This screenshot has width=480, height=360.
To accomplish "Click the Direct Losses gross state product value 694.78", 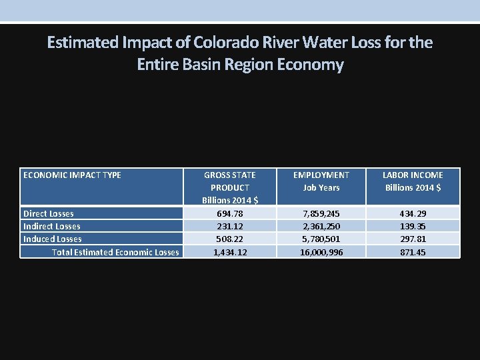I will [229, 213].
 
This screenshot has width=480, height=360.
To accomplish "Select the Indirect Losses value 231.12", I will [229, 226].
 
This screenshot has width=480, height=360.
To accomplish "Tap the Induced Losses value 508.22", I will [229, 239].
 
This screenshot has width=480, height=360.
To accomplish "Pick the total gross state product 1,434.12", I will [229, 252].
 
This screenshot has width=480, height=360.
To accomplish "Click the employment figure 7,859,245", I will [321, 213].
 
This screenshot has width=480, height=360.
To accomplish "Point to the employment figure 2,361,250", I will [321, 226].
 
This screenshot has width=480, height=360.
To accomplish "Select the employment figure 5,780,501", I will [321, 239].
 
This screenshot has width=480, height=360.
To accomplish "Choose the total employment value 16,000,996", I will [321, 252].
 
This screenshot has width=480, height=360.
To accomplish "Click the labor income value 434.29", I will [413, 213].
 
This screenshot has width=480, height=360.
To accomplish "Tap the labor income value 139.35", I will [413, 226].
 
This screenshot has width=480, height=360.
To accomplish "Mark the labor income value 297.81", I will [413, 239].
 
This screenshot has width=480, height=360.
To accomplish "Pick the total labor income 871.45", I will [413, 252].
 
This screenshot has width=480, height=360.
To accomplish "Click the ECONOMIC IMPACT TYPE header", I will [72, 175].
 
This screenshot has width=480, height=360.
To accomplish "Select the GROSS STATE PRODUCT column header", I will [229, 187].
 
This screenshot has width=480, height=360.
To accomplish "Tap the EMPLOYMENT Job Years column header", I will [321, 181].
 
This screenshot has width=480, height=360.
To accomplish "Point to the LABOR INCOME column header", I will [413, 181].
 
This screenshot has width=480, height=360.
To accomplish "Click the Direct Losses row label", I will [49, 213].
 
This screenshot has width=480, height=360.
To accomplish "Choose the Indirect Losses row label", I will [52, 226].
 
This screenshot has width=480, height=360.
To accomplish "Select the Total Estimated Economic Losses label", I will [115, 252].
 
